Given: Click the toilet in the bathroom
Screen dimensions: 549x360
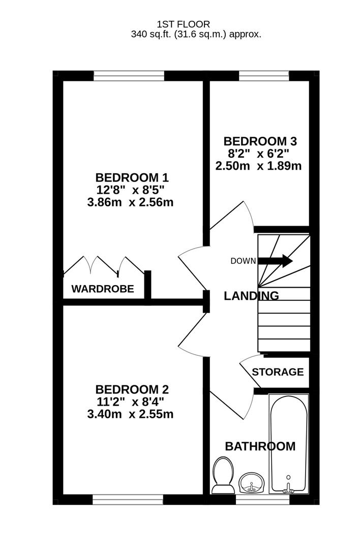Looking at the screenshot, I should (x=223, y=475).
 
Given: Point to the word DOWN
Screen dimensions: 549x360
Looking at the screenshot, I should (x=243, y=261).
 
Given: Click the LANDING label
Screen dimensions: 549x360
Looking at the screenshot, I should (x=251, y=295).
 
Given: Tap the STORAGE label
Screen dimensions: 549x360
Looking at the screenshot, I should (x=278, y=372).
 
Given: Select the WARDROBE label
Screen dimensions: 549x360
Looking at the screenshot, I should (x=103, y=289).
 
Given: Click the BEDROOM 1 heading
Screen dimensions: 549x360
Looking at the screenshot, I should (x=132, y=177).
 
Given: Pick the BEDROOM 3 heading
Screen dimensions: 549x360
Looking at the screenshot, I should (x=260, y=141).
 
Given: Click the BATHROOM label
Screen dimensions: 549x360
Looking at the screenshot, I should (x=260, y=446).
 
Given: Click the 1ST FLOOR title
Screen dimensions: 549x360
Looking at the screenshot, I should (x=183, y=24).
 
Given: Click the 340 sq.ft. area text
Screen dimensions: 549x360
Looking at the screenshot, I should (x=196, y=35).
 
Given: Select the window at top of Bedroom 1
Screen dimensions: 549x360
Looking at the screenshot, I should (x=129, y=76).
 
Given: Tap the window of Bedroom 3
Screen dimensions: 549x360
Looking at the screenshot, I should (x=264, y=76).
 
